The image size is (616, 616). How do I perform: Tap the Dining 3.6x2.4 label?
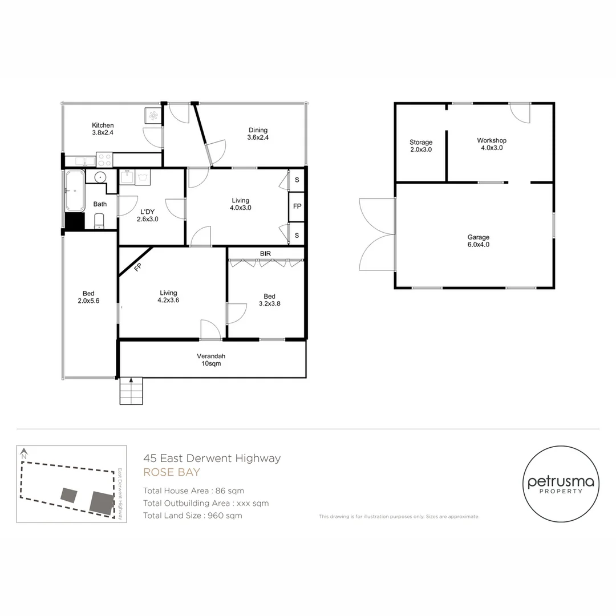pyautogui.click(x=258, y=133)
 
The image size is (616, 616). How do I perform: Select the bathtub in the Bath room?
pyautogui.click(x=75, y=191)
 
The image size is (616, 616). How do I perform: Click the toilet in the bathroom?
pyautogui.click(x=99, y=221)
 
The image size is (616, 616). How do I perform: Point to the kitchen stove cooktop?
pyautogui.click(x=104, y=160)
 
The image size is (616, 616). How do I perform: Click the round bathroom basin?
pyautogui.click(x=100, y=177)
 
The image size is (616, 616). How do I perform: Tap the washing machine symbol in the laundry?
pyautogui.click(x=143, y=177)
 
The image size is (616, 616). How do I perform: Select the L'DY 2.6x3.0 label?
pyautogui.click(x=148, y=215)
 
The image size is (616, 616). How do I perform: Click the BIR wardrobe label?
pyautogui.click(x=266, y=254)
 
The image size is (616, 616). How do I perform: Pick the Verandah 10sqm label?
pyautogui.click(x=212, y=360)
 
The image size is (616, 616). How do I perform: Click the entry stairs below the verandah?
pyautogui.click(x=131, y=391)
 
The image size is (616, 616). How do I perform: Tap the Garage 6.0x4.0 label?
pyautogui.click(x=479, y=241)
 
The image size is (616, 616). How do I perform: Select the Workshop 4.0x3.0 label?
pyautogui.click(x=492, y=144)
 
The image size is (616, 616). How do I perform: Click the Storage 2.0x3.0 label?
pyautogui.click(x=421, y=146)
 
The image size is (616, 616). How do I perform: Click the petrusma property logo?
pyautogui.click(x=561, y=484)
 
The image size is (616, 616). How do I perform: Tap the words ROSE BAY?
pyautogui.click(x=172, y=472)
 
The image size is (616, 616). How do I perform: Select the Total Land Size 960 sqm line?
pyautogui.click(x=193, y=516)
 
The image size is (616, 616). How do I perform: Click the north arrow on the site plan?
pyautogui.click(x=24, y=453)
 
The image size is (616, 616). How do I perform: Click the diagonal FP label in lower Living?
pyautogui.click(x=137, y=268)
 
